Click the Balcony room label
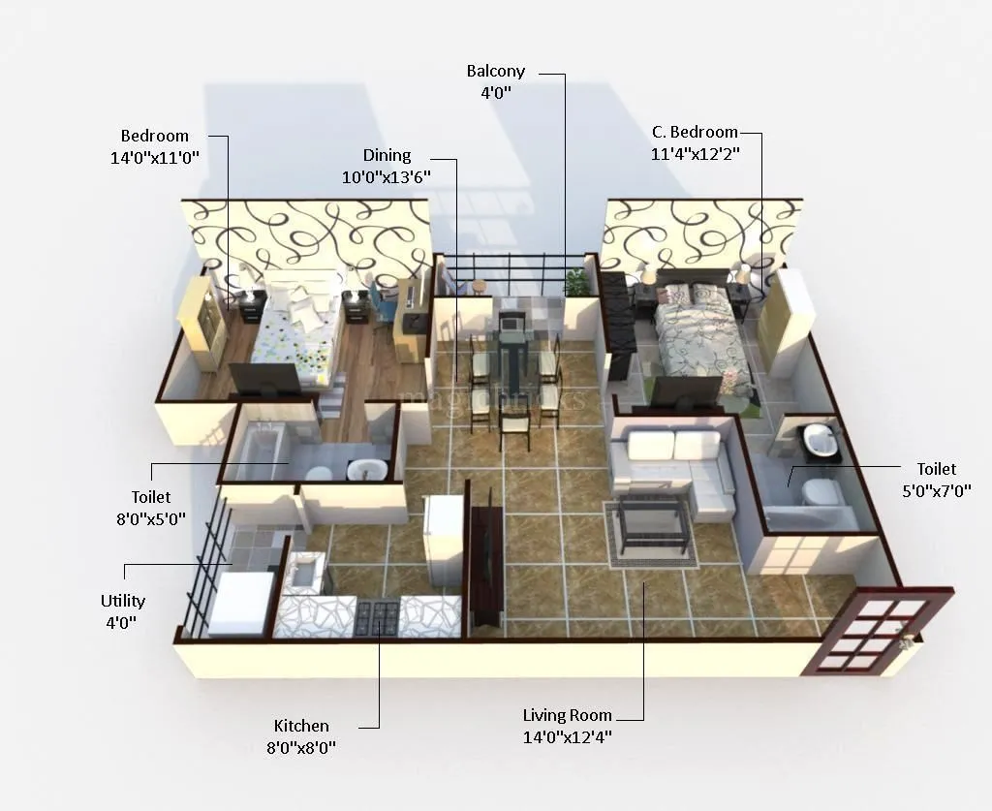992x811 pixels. click(495, 71)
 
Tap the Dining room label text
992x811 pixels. click(387, 155)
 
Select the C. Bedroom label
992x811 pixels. click(694, 132)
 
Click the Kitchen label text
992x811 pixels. click(301, 726)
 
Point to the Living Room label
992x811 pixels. click(567, 715)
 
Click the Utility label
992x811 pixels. click(123, 601)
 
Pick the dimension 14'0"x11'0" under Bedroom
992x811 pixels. click(155, 157)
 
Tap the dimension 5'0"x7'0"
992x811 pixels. click(936, 490)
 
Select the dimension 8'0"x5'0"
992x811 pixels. click(151, 518)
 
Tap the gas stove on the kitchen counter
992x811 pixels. click(378, 615)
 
